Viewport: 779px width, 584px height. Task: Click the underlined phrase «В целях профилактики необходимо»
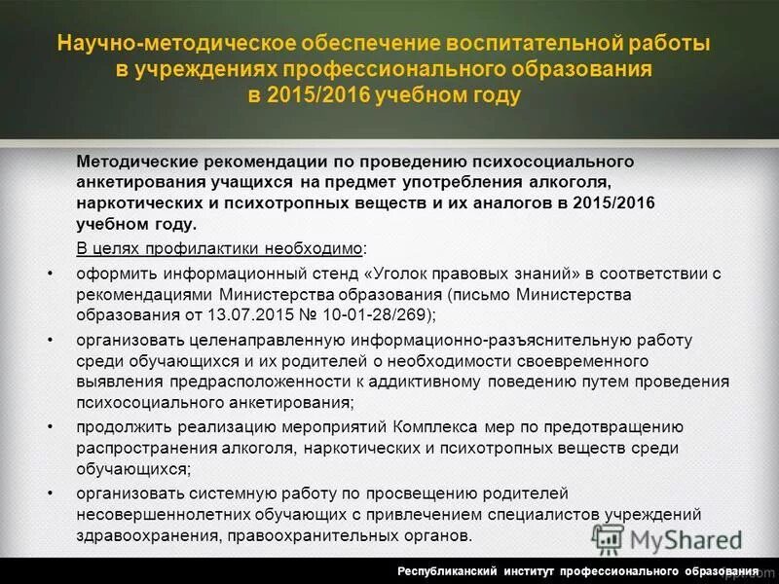click(x=220, y=247)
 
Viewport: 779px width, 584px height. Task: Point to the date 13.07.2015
click(x=244, y=314)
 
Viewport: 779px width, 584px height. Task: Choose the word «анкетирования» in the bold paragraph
click(x=136, y=181)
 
